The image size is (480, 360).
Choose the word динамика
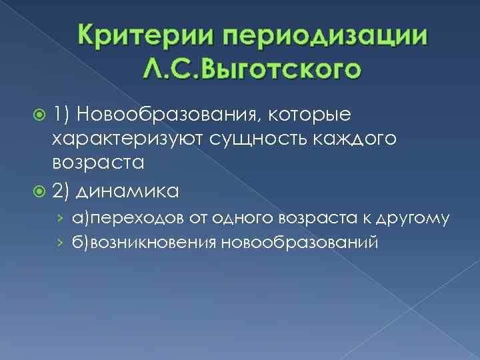pyautogui.click(x=128, y=192)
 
